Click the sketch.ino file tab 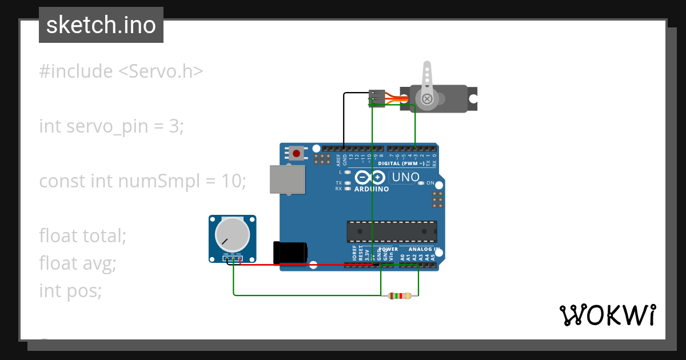tap(101, 25)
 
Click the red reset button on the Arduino tap(296, 153)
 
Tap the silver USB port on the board tap(288, 179)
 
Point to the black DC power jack tap(290, 252)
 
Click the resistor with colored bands tap(399, 295)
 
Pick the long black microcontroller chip tap(392, 231)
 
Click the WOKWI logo tap(607, 315)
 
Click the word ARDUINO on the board tap(372, 189)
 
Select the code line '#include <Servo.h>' tap(121, 71)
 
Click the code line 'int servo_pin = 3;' tap(111, 126)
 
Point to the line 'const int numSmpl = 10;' tap(142, 181)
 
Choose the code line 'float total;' tap(82, 235)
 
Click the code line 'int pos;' tap(70, 290)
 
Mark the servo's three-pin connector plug tap(377, 98)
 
